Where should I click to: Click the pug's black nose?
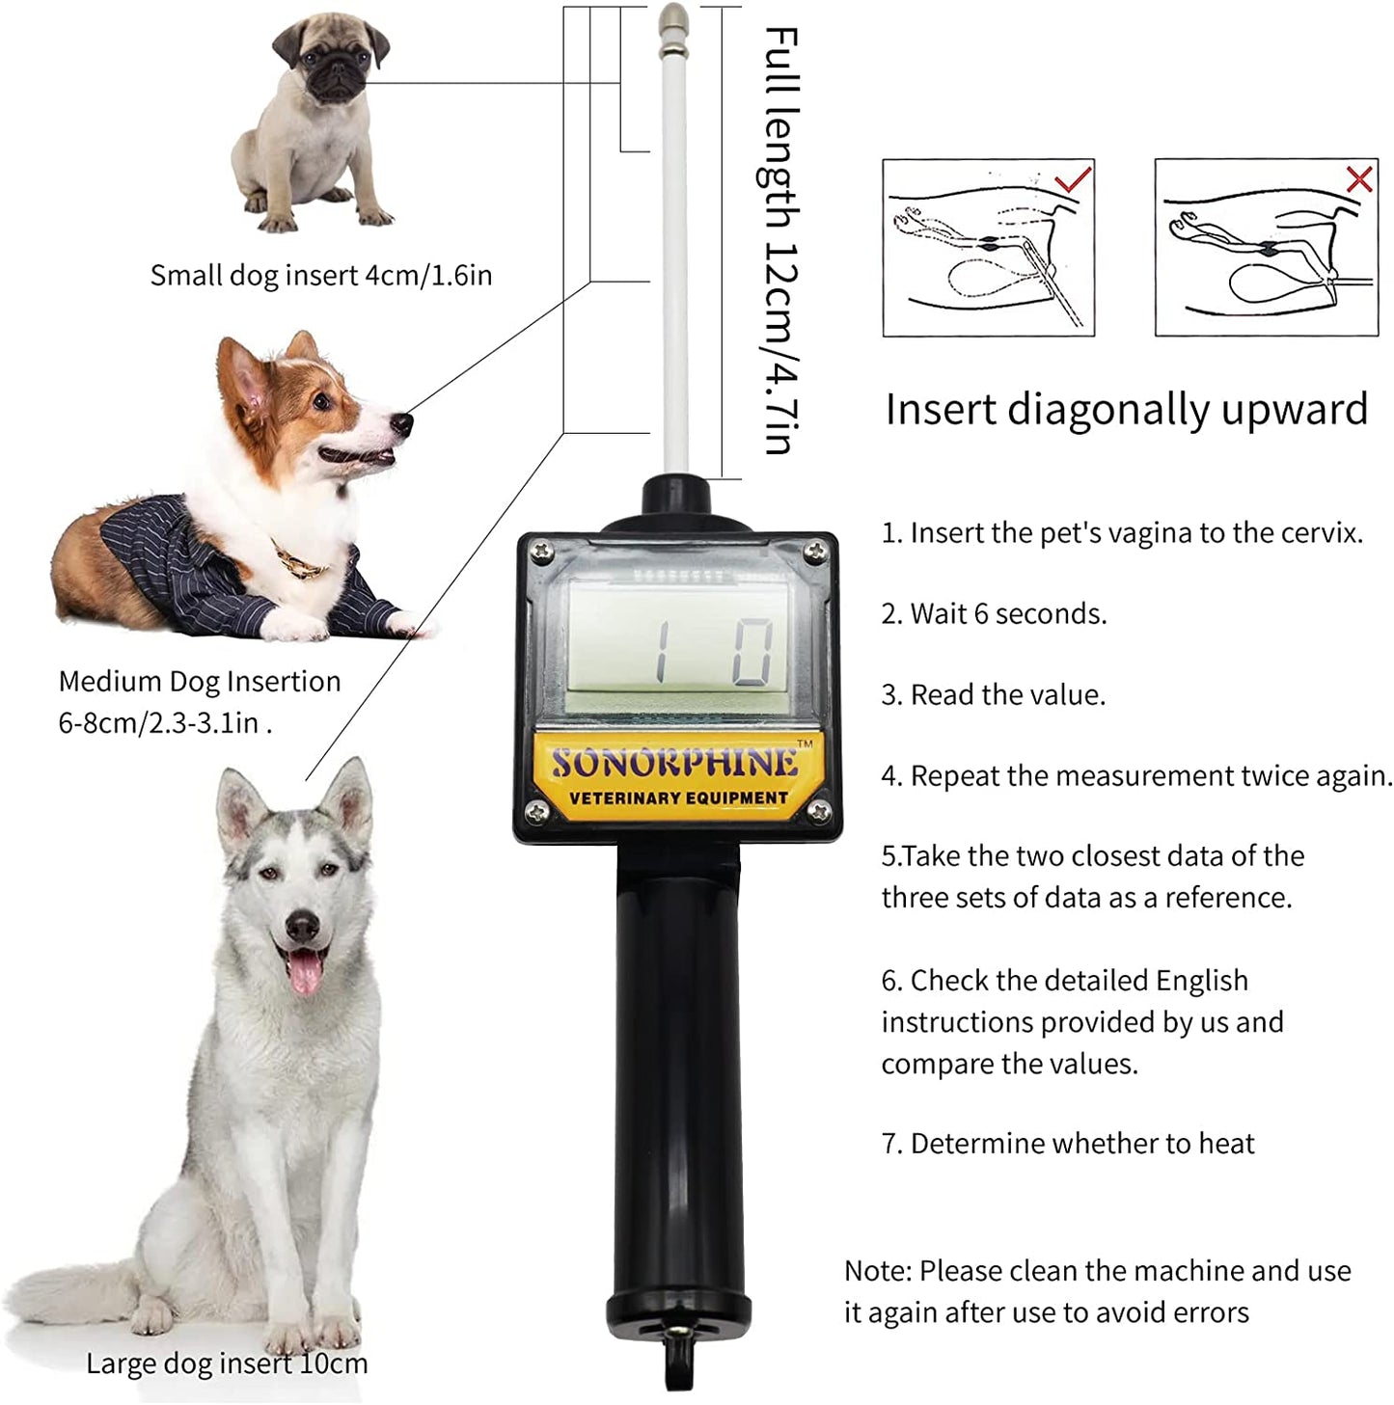click(x=337, y=68)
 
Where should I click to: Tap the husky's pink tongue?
click(x=303, y=972)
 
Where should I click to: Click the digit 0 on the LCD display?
click(x=752, y=653)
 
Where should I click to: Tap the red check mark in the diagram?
click(x=1073, y=178)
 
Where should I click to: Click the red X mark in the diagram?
click(x=1359, y=178)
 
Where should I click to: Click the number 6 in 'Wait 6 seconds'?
click(x=980, y=614)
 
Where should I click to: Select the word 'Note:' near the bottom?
click(x=878, y=1271)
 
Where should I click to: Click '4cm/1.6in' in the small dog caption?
click(x=428, y=275)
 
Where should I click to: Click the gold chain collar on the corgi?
click(x=300, y=560)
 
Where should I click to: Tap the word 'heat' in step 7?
click(x=1227, y=1144)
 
